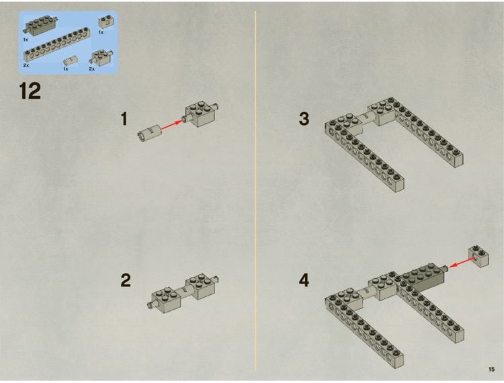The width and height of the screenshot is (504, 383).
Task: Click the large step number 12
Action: click(x=30, y=91)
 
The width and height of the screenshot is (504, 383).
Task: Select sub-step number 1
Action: click(x=124, y=119)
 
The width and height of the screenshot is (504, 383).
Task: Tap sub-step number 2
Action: click(x=126, y=280)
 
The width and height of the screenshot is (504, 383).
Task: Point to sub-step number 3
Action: click(x=304, y=119)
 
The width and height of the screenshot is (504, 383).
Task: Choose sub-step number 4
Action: click(x=304, y=280)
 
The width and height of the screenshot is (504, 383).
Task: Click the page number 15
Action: click(x=491, y=369)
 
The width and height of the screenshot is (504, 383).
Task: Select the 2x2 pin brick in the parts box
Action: click(x=100, y=56)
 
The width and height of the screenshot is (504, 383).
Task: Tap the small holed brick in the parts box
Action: click(x=104, y=23)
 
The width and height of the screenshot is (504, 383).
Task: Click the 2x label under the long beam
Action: click(x=26, y=66)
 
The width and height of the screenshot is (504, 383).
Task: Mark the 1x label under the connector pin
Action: click(x=66, y=69)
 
